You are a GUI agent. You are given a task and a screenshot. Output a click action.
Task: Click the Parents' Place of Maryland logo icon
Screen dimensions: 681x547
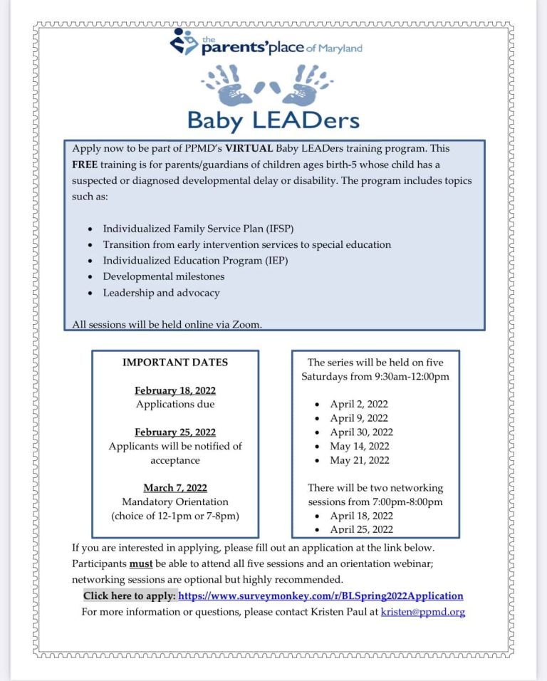pos(184,41)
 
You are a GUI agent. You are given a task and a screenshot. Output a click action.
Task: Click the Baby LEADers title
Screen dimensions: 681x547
pos(273,120)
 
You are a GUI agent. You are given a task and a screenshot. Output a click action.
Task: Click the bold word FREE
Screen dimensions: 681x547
pos(85,165)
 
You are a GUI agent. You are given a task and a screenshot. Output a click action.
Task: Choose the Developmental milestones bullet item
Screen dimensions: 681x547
pos(163,276)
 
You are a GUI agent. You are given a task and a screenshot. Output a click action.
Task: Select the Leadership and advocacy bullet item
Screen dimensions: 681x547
pos(161,293)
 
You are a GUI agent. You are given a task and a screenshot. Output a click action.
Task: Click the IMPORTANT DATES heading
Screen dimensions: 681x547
pos(175,363)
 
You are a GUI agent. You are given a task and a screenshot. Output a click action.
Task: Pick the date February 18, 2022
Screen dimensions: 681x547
pos(175,390)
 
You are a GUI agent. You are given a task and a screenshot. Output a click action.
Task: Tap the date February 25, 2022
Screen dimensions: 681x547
pos(175,432)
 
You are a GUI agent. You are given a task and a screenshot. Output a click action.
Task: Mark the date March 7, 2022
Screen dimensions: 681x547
pos(175,488)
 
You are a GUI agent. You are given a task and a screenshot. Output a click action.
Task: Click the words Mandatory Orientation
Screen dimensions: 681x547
pos(175,501)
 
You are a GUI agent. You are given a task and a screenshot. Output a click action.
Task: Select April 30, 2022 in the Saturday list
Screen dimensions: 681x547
pos(361,432)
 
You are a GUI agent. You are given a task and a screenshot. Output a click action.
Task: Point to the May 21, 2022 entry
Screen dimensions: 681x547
pos(360,460)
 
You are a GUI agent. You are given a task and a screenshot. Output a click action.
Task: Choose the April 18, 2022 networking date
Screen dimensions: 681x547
pos(361,516)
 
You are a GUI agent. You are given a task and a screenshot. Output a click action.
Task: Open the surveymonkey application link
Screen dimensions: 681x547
pos(321,596)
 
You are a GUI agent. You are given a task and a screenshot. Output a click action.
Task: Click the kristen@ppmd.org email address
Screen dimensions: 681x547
pos(423,612)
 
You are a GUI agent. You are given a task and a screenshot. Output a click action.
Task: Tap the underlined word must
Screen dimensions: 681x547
pos(139,563)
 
